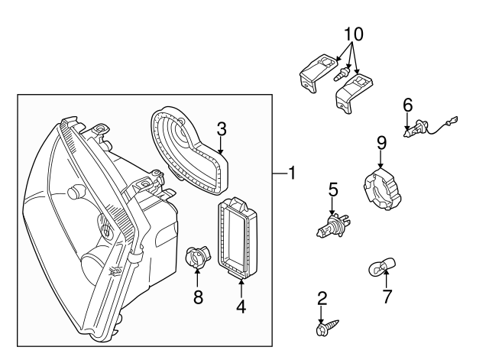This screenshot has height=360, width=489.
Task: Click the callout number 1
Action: point(291,174)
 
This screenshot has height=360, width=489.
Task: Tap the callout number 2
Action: point(322,298)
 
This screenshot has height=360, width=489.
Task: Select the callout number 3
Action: point(221,128)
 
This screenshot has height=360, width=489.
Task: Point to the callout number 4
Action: point(241,307)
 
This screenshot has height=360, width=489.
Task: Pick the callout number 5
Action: point(332,189)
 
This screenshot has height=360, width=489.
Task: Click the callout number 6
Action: point(407,104)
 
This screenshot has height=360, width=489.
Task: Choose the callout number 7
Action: point(387,295)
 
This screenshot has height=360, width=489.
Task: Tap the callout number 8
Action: point(198,297)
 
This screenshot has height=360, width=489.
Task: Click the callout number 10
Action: point(354,34)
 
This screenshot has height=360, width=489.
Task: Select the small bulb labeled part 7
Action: point(379,267)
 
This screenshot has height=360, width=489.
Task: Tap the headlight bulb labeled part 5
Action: point(331,226)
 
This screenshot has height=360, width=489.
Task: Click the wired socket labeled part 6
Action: point(413,131)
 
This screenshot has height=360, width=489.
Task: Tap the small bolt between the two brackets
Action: point(341,76)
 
